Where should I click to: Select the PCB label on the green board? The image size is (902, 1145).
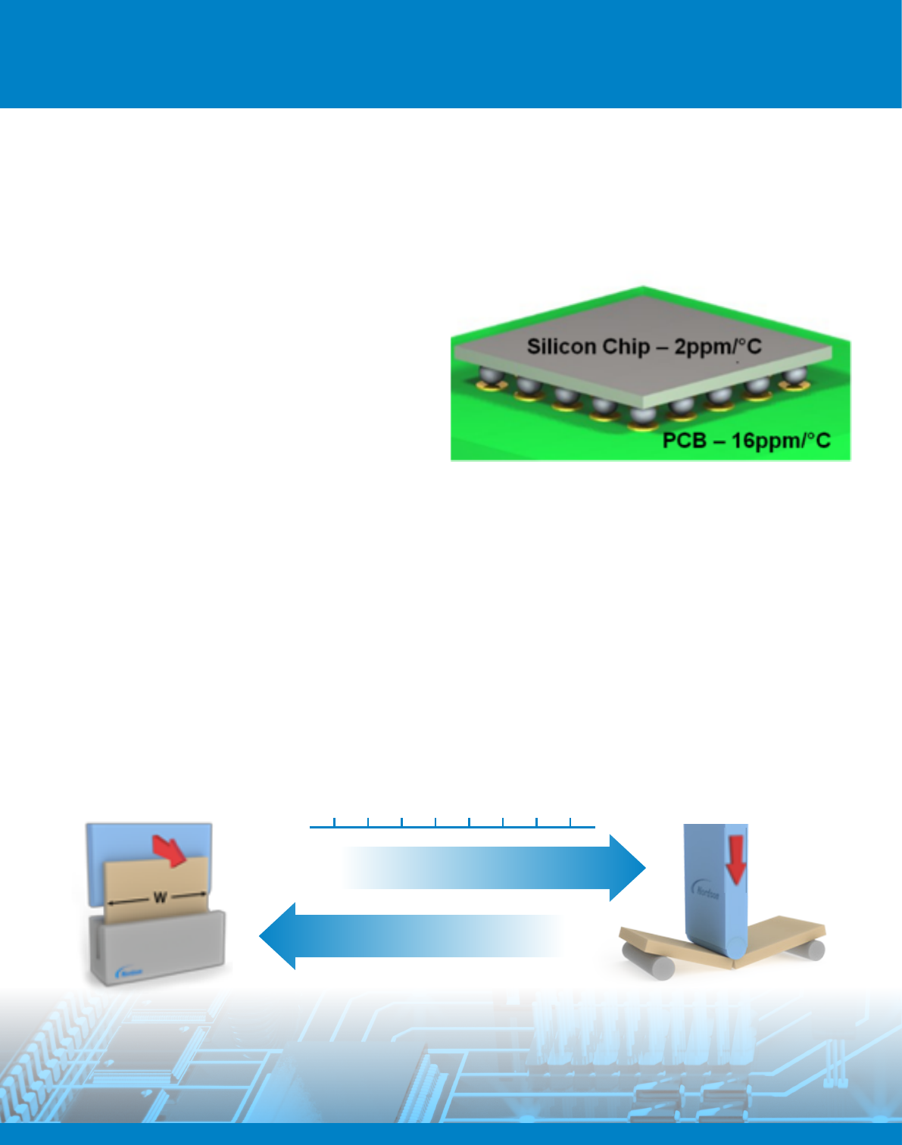685,441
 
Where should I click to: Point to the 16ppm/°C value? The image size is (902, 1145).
780,441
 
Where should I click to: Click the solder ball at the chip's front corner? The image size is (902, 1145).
642,417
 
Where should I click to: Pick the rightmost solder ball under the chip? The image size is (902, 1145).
794,376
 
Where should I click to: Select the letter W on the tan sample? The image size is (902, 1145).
160,898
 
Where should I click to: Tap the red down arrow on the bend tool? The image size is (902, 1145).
735,861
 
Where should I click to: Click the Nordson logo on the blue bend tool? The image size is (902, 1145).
707,891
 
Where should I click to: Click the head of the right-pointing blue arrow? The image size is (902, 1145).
626,868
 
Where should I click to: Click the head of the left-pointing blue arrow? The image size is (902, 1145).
278,936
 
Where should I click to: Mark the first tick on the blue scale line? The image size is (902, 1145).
334,822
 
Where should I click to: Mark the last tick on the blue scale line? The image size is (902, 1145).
570,822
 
